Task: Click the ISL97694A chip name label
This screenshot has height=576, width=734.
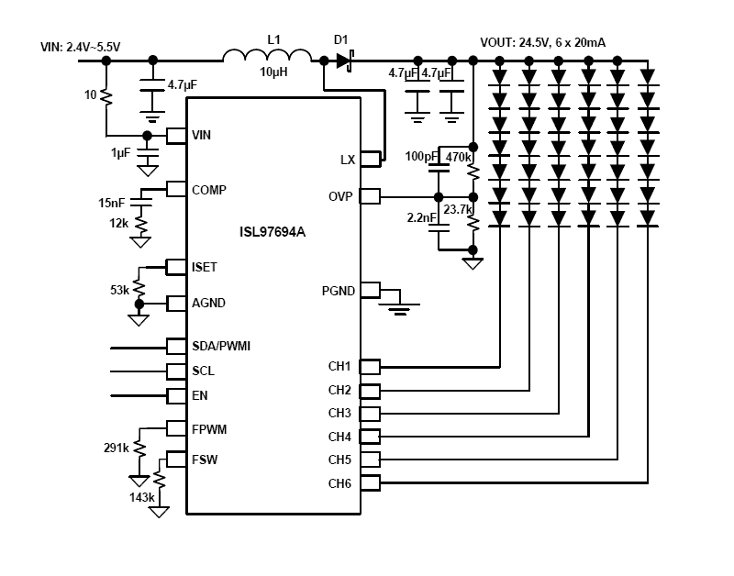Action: pos(267,233)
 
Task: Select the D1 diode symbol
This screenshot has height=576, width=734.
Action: pos(344,61)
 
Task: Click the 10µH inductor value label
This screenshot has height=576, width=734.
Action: pos(272,72)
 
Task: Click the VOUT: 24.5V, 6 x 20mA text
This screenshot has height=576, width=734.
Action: pos(549,42)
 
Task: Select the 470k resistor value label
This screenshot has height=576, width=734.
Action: pos(458,157)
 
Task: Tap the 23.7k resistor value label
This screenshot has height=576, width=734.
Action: pos(456,208)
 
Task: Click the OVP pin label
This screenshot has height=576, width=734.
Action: pos(341,196)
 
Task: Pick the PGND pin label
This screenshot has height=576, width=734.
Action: pos(337,290)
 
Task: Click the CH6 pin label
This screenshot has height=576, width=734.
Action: pos(339,482)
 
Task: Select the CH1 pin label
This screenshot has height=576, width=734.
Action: pos(339,366)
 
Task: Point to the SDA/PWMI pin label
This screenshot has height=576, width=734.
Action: pos(221,346)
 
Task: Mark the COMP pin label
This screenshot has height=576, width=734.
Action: pos(209,189)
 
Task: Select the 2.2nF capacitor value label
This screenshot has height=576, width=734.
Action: pos(421,217)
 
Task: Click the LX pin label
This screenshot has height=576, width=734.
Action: pos(347,160)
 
